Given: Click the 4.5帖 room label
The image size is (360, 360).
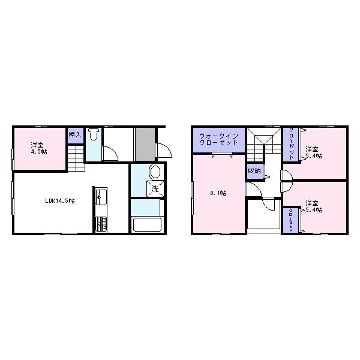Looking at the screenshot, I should pos(39,148).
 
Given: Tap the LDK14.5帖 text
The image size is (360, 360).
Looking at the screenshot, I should pos(60,201).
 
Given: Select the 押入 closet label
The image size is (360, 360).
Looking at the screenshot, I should pos(74,135).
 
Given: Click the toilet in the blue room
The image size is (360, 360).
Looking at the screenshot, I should pos(93,136).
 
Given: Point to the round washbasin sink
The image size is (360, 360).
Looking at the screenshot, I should pos(155,172).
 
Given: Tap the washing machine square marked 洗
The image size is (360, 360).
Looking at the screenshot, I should pos(154,189).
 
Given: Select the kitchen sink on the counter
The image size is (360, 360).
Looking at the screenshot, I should pos(100,197).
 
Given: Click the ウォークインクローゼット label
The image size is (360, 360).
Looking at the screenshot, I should pos(218,140).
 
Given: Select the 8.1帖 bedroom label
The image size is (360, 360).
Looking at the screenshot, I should pos(217,193).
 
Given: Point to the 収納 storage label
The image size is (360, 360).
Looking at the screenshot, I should pos(253,171).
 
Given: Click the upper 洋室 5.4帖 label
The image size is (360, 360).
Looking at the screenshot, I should pos(313,152).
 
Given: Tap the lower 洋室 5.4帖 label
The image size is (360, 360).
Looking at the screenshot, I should pos(313,206).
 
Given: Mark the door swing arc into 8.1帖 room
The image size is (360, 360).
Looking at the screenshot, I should pos(252,191).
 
